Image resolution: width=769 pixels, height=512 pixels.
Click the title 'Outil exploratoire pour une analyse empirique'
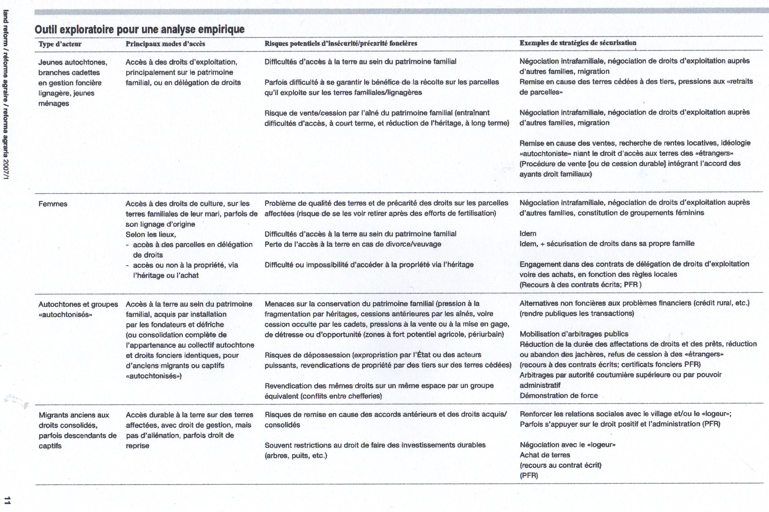pyautogui.click(x=140, y=30)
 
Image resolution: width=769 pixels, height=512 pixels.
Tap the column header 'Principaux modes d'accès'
pyautogui.click(x=165, y=44)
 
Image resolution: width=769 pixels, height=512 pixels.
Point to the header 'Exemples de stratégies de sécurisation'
pyautogui.click(x=578, y=43)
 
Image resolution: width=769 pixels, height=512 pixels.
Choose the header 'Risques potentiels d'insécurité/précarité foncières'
pyautogui.click(x=341, y=43)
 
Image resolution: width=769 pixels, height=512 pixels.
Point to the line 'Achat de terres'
pyautogui.click(x=545, y=455)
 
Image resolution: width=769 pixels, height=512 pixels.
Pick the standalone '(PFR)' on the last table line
pyautogui.click(x=529, y=476)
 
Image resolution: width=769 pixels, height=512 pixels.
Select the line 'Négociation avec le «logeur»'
pyautogui.click(x=568, y=445)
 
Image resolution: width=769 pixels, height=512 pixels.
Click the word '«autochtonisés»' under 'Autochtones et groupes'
pyautogui.click(x=65, y=315)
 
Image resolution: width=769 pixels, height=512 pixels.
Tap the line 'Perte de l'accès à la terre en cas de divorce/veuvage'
pyautogui.click(x=353, y=244)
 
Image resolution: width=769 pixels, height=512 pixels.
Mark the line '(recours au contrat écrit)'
pyautogui.click(x=560, y=465)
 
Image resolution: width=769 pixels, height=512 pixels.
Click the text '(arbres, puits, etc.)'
pyautogui.click(x=296, y=456)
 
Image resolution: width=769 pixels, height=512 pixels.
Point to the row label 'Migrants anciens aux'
pyautogui.click(x=74, y=415)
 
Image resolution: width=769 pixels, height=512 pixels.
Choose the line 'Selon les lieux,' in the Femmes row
pyautogui.click(x=151, y=235)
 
